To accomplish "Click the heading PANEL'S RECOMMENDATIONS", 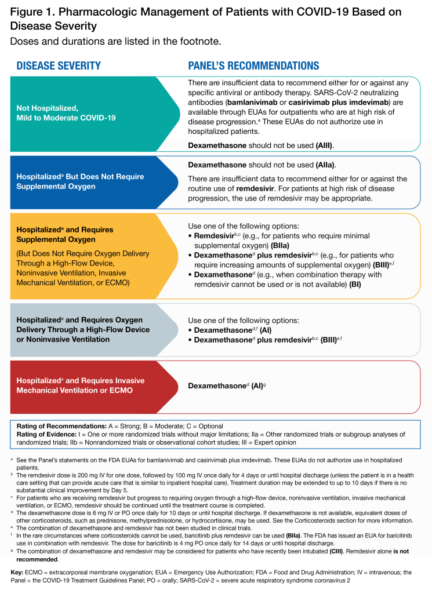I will (x=253, y=66).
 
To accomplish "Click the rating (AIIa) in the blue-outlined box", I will (x=321, y=165).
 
